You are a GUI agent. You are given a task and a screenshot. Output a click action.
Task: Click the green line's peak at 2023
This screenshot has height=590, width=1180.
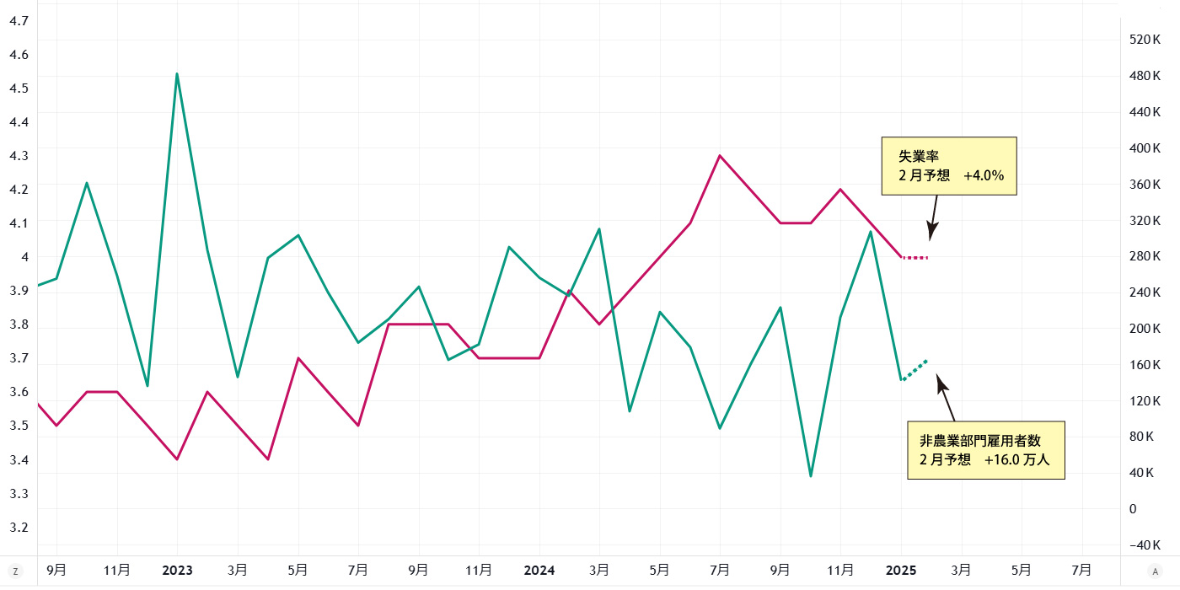pos(177,74)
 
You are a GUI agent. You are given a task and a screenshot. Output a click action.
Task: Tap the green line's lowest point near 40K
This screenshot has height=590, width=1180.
pos(811,476)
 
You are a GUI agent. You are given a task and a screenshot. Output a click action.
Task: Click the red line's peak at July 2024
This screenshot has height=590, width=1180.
pos(720,156)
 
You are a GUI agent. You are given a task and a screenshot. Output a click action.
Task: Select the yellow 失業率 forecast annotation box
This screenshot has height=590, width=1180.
pos(949,166)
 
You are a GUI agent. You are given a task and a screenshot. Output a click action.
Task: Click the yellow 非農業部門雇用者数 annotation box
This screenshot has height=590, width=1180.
pos(985,450)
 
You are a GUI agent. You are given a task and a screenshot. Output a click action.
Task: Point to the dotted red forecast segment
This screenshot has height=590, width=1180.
pos(915,257)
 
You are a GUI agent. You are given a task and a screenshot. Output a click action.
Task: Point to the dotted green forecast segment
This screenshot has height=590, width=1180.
pos(914,370)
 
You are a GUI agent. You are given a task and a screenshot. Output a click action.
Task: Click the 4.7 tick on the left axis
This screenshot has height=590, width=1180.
pos(19,20)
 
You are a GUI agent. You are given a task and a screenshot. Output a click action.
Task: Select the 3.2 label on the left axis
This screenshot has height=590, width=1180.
pos(19,527)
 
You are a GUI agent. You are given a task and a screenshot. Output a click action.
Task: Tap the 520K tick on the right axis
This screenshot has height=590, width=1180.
pos(1145,40)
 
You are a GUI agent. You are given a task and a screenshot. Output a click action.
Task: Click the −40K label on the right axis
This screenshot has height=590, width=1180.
pos(1143,544)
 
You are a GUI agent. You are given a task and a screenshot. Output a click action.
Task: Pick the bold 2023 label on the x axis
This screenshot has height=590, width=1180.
pos(177,570)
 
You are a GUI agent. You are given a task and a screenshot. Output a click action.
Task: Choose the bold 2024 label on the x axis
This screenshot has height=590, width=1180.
pos(539,570)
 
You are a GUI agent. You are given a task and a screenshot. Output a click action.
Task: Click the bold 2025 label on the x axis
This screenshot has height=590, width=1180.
pos(901,570)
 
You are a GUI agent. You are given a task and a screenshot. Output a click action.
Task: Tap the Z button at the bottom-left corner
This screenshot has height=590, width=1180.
pos(15,571)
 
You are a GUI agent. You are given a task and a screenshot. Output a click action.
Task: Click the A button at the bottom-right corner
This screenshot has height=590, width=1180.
pos(1156,571)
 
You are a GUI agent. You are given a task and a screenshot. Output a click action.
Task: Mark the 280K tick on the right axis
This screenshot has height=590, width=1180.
pos(1145,256)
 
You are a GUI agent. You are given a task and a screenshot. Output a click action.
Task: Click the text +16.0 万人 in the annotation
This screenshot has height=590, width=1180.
pos(1016,460)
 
